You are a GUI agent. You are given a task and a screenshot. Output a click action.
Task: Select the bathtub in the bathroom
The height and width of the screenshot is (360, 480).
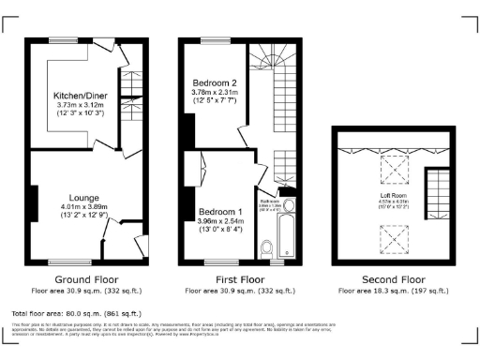(x=288, y=234)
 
